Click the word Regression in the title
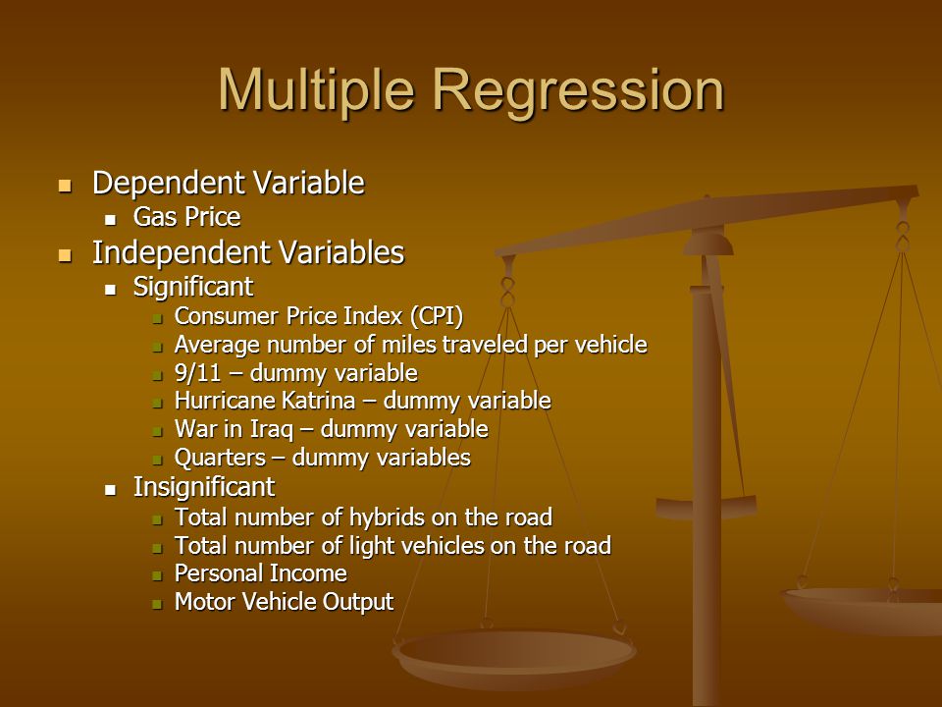pyautogui.click(x=579, y=90)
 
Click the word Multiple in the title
pyautogui.click(x=316, y=89)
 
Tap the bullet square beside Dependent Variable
pyautogui.click(x=65, y=185)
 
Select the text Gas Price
pyautogui.click(x=186, y=217)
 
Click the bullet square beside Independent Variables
pyautogui.click(x=65, y=255)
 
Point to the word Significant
pyautogui.click(x=193, y=287)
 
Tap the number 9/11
pyautogui.click(x=197, y=373)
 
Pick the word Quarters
pyautogui.click(x=220, y=458)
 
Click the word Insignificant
pyautogui.click(x=204, y=487)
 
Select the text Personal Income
pyautogui.click(x=261, y=573)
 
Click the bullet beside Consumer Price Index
pyautogui.click(x=157, y=318)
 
